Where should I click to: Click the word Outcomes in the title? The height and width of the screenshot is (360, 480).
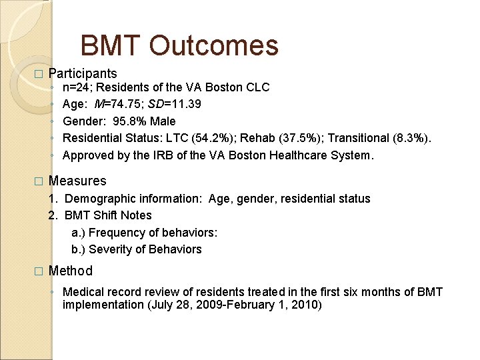pos(214,46)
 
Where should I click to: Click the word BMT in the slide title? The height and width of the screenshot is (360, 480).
pos(110,46)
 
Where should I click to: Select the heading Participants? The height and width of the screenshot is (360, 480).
pos(83,74)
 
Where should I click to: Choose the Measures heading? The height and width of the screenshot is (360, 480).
pos(77,181)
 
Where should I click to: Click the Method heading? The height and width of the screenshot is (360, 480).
pos(71,271)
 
